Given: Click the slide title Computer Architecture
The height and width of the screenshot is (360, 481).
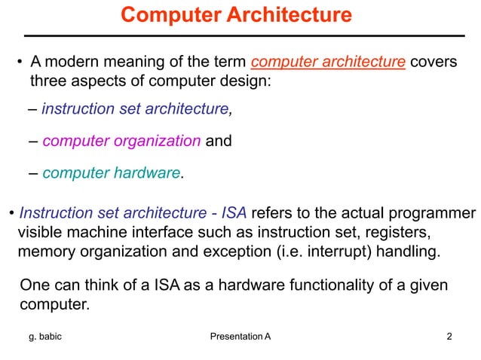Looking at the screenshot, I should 236,14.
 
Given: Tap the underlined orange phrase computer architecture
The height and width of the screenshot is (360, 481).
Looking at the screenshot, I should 327,62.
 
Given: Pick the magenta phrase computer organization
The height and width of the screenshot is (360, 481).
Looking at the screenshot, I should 121,141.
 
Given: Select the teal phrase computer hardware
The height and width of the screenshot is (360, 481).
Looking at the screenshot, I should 112,173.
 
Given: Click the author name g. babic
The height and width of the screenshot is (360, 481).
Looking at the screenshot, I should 47,336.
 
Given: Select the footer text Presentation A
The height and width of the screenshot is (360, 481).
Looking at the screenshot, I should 238,336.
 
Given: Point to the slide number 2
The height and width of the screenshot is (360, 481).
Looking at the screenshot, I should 449,336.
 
